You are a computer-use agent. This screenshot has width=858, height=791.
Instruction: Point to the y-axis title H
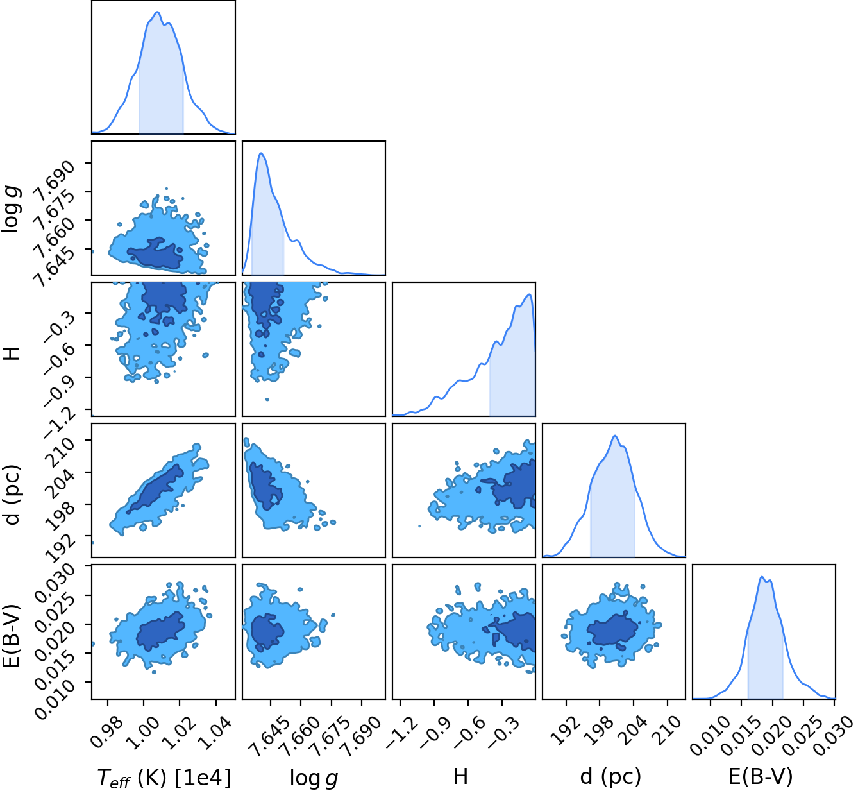(x=12, y=353)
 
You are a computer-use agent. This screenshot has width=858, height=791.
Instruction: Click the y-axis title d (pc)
(x=12, y=495)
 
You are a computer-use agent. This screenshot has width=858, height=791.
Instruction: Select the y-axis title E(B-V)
(x=12, y=636)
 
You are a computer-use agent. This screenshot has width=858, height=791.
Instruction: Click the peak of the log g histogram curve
(x=262, y=153)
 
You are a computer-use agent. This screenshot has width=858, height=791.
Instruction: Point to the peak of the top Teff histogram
(x=157, y=12)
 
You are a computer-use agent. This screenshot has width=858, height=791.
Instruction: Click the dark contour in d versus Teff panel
(x=155, y=488)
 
